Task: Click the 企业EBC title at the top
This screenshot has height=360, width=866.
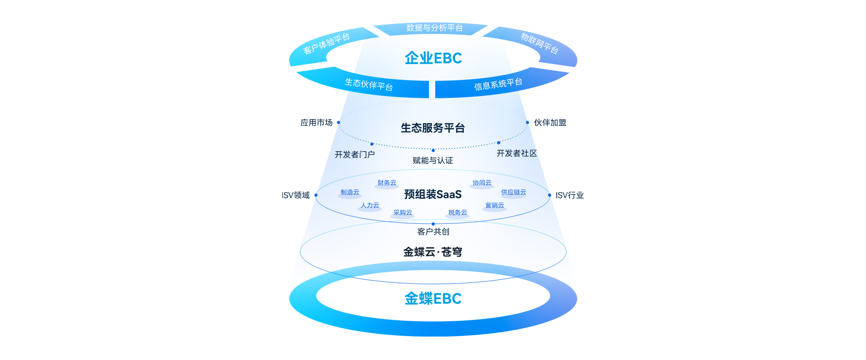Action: pyautogui.click(x=433, y=58)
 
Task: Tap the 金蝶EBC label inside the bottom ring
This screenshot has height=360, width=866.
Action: pyautogui.click(x=433, y=299)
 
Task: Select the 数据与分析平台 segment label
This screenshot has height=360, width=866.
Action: pyautogui.click(x=434, y=28)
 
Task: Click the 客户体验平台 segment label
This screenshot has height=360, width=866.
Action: pyautogui.click(x=326, y=44)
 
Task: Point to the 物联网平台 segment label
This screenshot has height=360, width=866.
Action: pyautogui.click(x=539, y=43)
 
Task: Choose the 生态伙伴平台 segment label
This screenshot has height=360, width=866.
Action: pyautogui.click(x=369, y=84)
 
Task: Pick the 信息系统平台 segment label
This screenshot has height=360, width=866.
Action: pyautogui.click(x=498, y=84)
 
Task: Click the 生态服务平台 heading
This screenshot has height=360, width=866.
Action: pyautogui.click(x=433, y=128)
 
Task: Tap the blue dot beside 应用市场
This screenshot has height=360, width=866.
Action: pyautogui.click(x=338, y=122)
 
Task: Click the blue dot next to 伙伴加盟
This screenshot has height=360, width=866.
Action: pyautogui.click(x=527, y=122)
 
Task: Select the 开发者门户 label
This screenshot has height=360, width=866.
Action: pyautogui.click(x=355, y=155)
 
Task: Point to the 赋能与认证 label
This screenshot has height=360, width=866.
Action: pyautogui.click(x=433, y=161)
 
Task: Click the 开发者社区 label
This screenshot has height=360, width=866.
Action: pyautogui.click(x=516, y=153)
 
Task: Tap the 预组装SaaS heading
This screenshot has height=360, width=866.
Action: pyautogui.click(x=433, y=194)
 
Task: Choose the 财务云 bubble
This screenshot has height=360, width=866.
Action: pyautogui.click(x=387, y=183)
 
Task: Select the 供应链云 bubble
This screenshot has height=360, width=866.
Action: pyautogui.click(x=513, y=193)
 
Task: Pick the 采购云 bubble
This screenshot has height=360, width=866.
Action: pyautogui.click(x=402, y=213)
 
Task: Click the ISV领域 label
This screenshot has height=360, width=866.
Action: pyautogui.click(x=296, y=195)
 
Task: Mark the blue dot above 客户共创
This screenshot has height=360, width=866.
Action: pyautogui.click(x=433, y=224)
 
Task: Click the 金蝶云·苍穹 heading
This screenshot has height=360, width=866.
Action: pyautogui.click(x=433, y=252)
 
